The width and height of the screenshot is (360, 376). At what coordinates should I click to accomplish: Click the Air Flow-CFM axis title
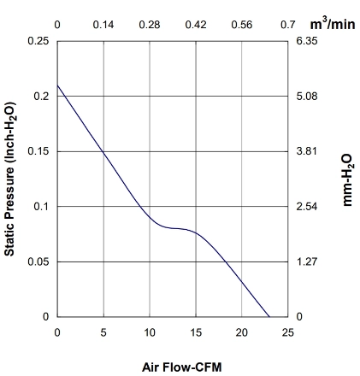tap(182, 367)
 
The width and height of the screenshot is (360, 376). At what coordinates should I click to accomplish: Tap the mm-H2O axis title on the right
tap(348, 180)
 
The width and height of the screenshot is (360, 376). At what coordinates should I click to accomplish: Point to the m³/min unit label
tap(333, 24)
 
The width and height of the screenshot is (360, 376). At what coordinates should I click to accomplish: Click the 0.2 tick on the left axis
tap(42, 97)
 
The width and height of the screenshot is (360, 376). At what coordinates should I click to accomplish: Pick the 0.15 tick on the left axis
tap(38, 151)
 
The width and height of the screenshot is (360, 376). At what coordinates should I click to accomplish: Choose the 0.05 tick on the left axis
tap(38, 261)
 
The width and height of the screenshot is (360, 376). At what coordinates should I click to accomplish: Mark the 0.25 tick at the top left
tap(38, 41)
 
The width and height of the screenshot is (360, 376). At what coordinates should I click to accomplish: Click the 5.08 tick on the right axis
tap(307, 97)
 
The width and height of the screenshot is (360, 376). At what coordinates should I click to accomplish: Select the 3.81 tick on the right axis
tap(306, 151)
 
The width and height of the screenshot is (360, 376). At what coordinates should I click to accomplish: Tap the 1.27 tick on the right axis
tap(307, 261)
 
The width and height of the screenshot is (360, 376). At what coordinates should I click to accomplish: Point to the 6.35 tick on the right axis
tap(307, 41)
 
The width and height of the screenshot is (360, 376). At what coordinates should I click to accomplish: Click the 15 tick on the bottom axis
tap(196, 332)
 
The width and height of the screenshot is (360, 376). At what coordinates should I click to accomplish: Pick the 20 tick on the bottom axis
tap(242, 332)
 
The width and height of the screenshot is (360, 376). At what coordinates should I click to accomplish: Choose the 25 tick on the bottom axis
tap(288, 332)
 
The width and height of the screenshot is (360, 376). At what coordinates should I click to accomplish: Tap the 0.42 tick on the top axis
tap(196, 25)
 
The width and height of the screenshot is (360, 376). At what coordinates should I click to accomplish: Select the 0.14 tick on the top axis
tap(103, 25)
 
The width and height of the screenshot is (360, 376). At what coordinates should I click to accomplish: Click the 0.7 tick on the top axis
tap(288, 25)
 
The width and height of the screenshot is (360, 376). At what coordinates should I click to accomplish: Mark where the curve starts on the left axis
tap(57, 85)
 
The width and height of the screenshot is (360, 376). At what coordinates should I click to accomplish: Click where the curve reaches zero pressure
tap(269, 317)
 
